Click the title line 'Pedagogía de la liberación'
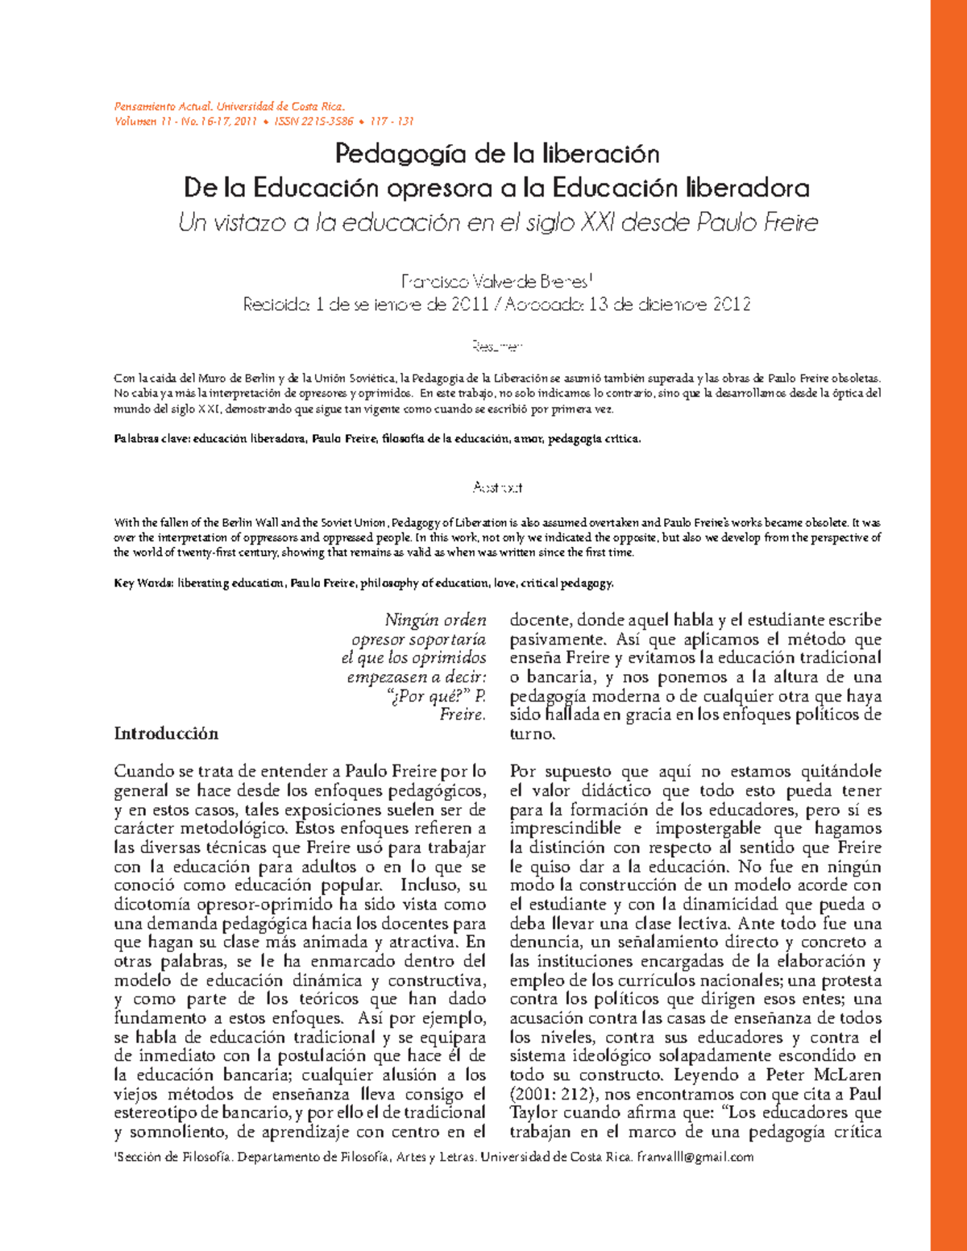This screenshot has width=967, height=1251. coord(497,153)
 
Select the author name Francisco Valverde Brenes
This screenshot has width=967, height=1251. coord(495,282)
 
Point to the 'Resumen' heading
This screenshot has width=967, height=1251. coord(497,346)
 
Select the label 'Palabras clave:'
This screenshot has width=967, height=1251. coord(151,439)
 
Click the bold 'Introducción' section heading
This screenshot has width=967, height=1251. coord(166,733)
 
